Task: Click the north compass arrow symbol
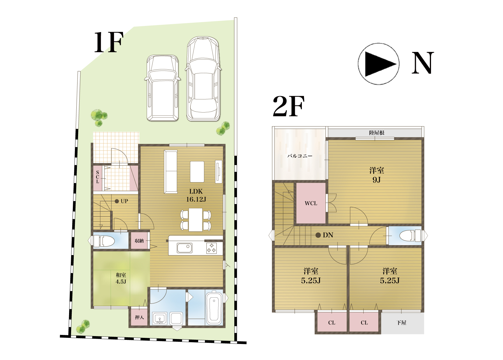379,64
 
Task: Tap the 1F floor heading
109,42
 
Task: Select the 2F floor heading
289,106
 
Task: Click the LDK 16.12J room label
196,195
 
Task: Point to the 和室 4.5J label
121,278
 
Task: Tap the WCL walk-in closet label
311,203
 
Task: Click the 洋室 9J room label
377,175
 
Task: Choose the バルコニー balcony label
300,156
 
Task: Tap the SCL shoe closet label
98,177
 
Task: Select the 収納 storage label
139,241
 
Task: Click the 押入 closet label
139,317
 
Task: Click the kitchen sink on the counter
184,248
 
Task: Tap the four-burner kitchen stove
212,248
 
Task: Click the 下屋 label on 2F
402,323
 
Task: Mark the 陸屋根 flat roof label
377,133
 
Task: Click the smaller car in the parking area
163,88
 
